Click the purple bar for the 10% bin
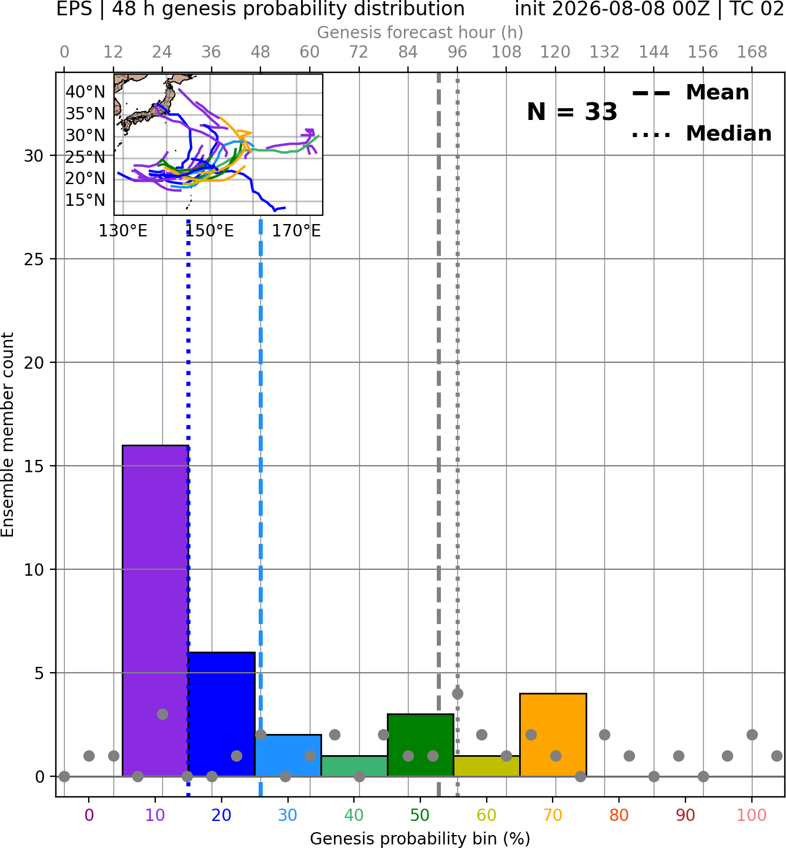155,610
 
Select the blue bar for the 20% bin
222,715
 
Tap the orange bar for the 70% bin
553,735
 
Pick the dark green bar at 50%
420,745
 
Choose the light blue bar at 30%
288,755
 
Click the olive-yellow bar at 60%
487,766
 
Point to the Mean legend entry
690,93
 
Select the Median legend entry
701,133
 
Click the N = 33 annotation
572,112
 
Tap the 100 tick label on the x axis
752,816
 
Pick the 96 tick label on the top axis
457,52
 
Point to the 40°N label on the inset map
85,92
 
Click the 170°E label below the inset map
296,231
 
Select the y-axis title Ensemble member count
8,435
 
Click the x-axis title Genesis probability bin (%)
420,839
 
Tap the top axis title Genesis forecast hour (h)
420,32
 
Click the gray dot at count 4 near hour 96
457,693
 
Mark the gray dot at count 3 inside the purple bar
162,714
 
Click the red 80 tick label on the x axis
619,816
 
